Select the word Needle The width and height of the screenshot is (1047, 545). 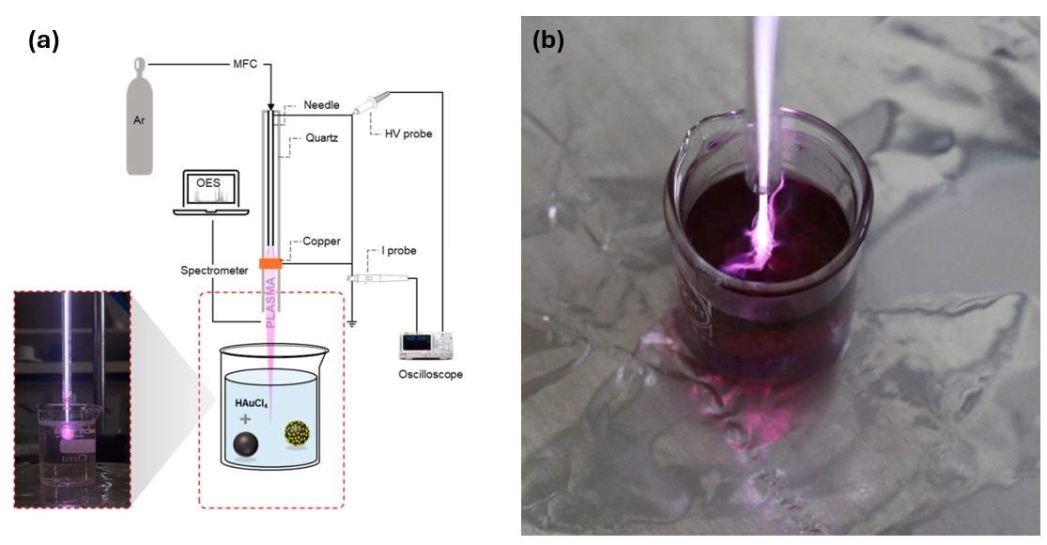pyautogui.click(x=324, y=105)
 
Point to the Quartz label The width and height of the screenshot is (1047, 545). pyautogui.click(x=322, y=136)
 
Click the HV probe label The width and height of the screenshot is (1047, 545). pyautogui.click(x=408, y=133)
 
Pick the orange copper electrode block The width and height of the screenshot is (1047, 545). pyautogui.click(x=270, y=264)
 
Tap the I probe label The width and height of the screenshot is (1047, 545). pyautogui.click(x=398, y=252)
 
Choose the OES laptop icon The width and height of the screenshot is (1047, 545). pyautogui.click(x=208, y=195)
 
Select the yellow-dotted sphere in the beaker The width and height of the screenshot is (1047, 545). pyautogui.click(x=298, y=433)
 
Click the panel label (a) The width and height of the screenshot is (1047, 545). pyautogui.click(x=44, y=40)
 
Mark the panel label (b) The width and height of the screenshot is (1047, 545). pyautogui.click(x=547, y=40)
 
